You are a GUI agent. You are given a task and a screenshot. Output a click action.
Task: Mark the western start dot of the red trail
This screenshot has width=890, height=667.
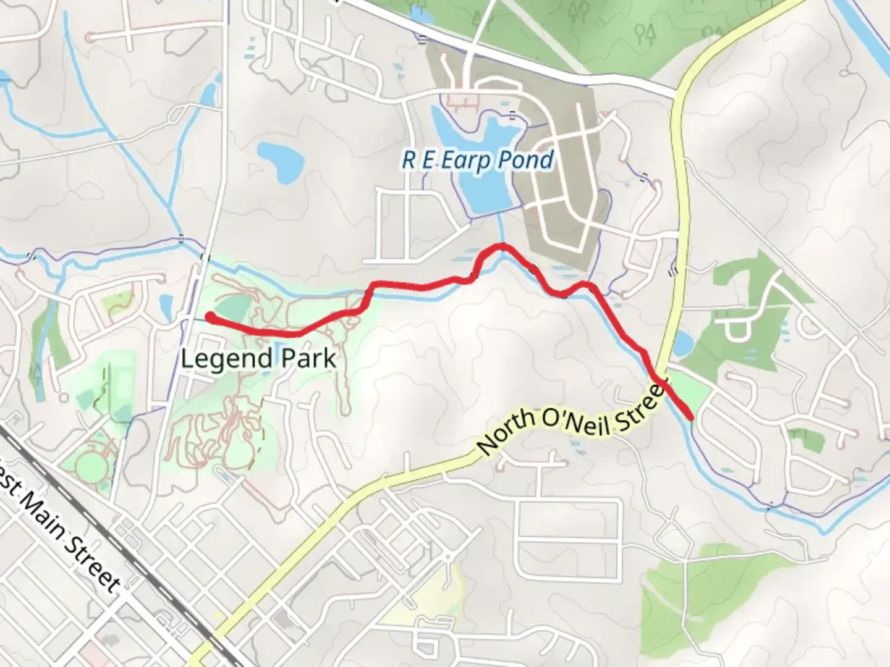210,317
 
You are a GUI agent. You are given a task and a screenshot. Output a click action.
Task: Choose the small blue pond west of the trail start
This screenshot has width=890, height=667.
165,305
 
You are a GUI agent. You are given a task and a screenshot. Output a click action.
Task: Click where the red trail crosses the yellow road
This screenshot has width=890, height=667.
659,381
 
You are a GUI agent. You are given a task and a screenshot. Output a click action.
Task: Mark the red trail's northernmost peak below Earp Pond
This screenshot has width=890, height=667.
501,247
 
